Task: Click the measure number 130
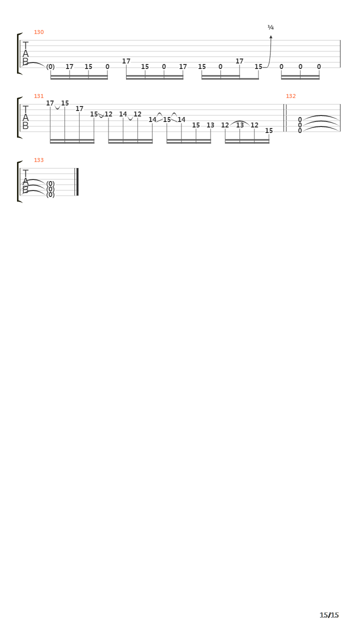tap(39, 32)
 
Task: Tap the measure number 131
tap(39, 96)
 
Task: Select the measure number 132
tap(291, 96)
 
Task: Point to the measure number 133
tap(39, 160)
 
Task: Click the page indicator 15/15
tap(329, 615)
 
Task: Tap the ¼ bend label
tap(270, 27)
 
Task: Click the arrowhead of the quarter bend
tap(271, 36)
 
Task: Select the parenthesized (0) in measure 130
tap(50, 66)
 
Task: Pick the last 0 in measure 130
tap(319, 66)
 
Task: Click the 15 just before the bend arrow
tap(258, 66)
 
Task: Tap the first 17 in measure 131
tap(50, 103)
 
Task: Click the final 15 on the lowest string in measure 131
tap(269, 130)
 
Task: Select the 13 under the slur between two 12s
tap(239, 125)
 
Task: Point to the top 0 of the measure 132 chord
tap(299, 119)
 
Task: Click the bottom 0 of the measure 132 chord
tap(299, 130)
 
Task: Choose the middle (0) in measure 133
tap(50, 189)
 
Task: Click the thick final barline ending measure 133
tap(77, 182)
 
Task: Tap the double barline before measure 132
tap(285, 118)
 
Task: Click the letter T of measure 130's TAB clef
tap(25, 45)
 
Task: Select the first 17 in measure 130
tap(69, 66)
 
